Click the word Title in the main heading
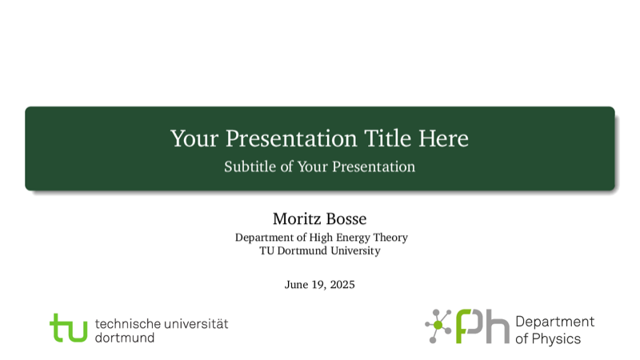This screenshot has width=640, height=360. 387,138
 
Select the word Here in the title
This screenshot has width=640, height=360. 444,138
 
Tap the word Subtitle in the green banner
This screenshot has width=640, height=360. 250,166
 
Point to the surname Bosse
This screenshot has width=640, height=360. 346,218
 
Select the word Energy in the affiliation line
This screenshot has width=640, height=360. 353,238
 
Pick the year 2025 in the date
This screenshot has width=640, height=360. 342,285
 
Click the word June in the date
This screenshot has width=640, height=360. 296,285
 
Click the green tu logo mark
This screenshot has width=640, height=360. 69,327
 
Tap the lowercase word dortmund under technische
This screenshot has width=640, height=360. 125,338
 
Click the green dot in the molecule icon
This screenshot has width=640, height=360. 438,325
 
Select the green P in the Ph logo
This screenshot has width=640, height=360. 470,326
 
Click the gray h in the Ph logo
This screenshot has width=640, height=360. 497,326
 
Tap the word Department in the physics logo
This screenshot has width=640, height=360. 555,322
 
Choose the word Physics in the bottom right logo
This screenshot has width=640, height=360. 556,339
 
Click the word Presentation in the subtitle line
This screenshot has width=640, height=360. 374,166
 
